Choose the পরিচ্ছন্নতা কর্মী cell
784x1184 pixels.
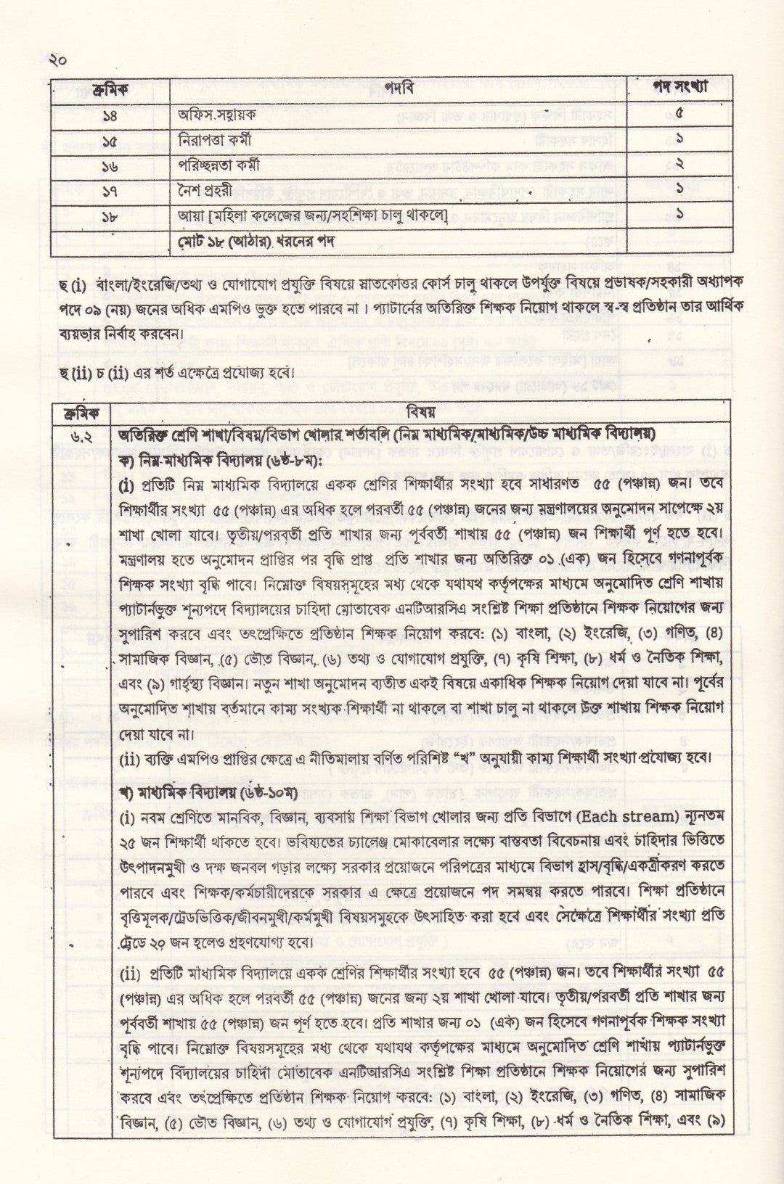click(x=219, y=165)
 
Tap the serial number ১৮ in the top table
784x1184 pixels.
click(x=110, y=215)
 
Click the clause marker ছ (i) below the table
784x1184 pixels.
click(x=73, y=284)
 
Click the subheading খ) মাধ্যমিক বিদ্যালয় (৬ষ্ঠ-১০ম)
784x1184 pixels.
click(x=197, y=792)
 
